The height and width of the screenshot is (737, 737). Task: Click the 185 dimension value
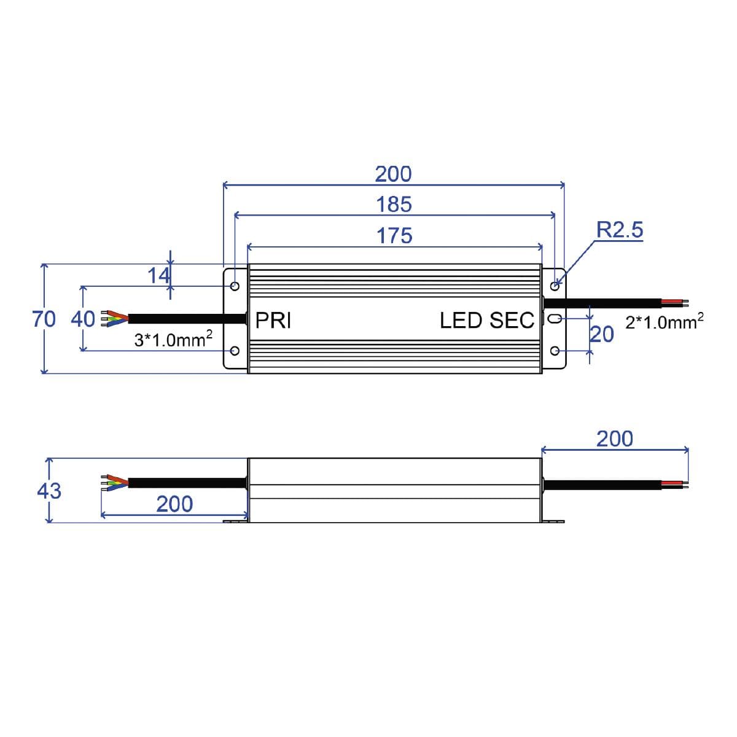point(394,205)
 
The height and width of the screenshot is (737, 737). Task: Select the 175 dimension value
point(394,236)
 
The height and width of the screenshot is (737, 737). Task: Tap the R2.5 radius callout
point(620,230)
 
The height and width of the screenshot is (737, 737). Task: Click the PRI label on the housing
point(273,321)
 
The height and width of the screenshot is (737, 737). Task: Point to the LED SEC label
point(487,321)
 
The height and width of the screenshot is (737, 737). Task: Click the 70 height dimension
point(44,319)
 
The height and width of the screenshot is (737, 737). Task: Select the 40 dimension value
point(83,319)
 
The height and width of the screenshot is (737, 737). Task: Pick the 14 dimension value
point(158,276)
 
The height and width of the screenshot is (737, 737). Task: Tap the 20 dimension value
point(602,335)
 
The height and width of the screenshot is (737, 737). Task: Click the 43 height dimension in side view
point(49,491)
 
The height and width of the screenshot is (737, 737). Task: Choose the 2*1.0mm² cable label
point(664,321)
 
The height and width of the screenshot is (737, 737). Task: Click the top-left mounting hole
point(235,286)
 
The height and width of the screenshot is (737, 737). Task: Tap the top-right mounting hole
point(555,286)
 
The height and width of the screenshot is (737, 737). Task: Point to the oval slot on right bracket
point(553,318)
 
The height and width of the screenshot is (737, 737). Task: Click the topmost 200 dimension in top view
point(394,174)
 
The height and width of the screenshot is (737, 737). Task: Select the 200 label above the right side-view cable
point(614,439)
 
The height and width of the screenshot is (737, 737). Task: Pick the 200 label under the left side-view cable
point(174,504)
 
